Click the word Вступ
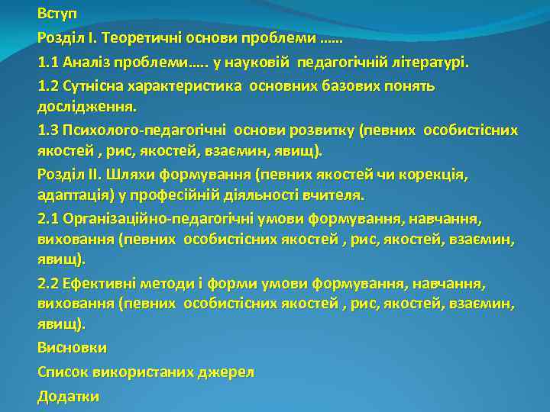57,14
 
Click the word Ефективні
99,283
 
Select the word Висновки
72,347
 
